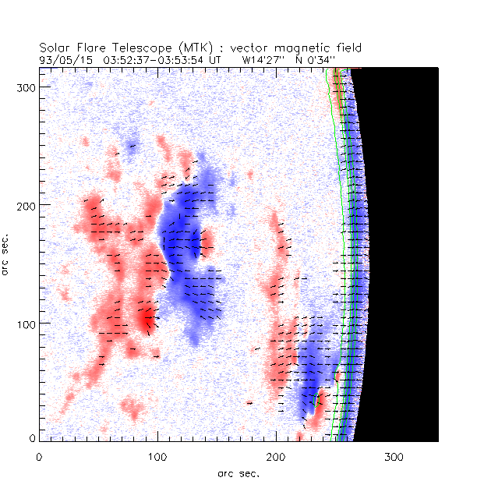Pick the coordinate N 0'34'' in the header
point(314,58)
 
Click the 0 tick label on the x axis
point(39,455)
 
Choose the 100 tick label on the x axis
point(157,455)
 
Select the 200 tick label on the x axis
point(276,455)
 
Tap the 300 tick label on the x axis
point(394,455)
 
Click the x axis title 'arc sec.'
point(238,472)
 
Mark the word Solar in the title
point(55,46)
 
